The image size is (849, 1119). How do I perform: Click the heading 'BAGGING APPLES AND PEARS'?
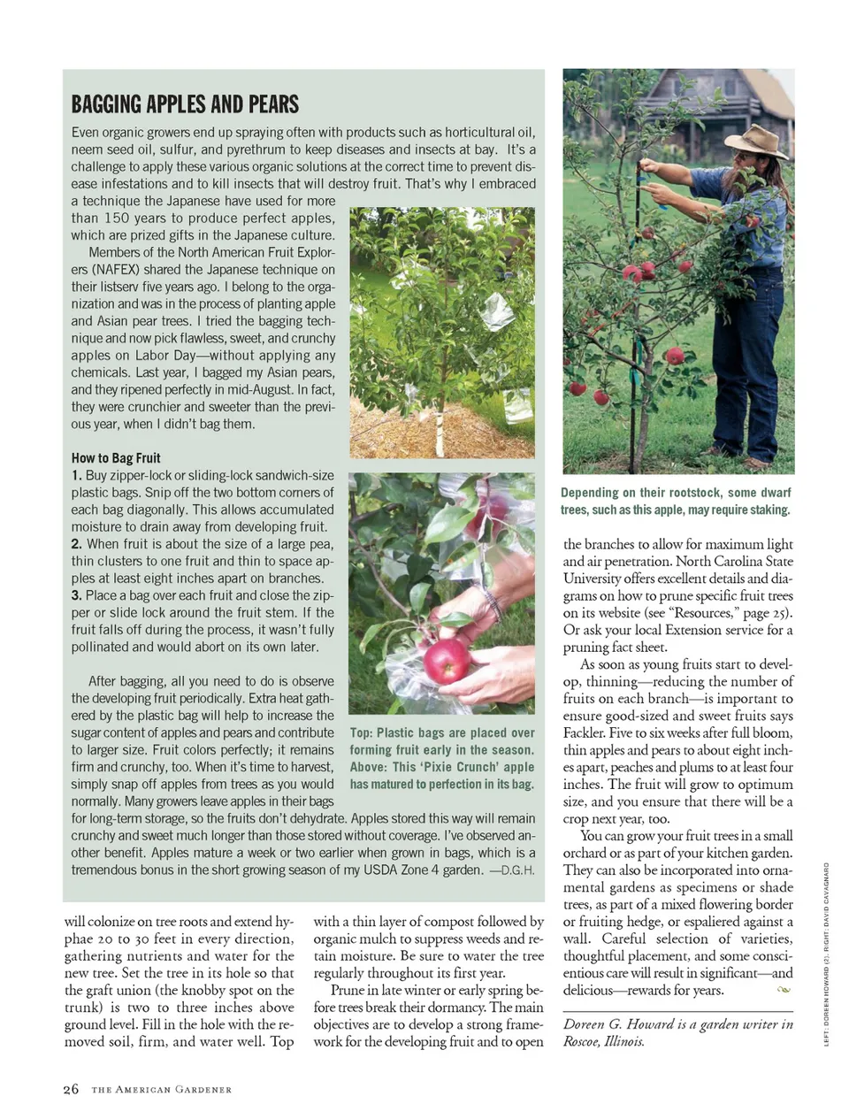(185, 104)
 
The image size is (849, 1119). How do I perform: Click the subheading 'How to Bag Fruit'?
(116, 458)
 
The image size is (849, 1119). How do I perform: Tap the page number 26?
(71, 1089)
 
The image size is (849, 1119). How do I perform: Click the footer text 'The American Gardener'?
(161, 1090)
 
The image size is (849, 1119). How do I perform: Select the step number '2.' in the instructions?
(77, 544)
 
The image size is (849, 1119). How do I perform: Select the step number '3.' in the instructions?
(77, 595)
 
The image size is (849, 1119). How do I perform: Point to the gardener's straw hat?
(757, 141)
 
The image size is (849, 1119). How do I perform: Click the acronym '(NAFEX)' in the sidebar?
(117, 270)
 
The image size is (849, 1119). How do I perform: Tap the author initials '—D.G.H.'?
(512, 870)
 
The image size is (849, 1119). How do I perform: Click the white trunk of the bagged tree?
(439, 433)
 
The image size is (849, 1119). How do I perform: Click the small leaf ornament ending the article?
(783, 990)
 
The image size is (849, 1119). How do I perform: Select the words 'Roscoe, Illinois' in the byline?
(603, 1041)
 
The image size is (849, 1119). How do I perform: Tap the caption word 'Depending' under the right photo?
(590, 493)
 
